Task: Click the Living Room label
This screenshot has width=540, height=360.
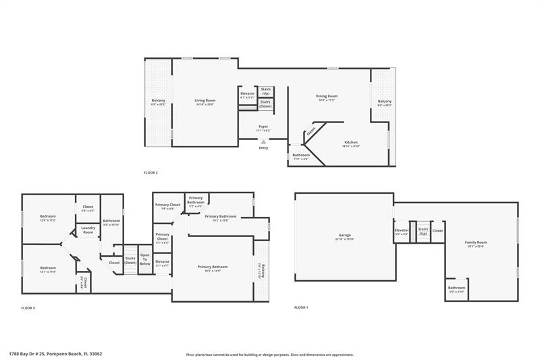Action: coord(205,100)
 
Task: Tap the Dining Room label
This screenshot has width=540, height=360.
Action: coord(326,96)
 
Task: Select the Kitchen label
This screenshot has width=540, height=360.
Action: coord(351,143)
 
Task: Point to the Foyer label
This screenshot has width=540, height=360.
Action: coord(263,126)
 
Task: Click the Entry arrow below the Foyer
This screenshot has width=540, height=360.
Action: coord(263,142)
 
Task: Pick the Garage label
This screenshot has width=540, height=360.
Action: coord(344,235)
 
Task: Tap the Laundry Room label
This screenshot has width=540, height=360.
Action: coord(88,230)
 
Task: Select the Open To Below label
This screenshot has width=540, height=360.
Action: coord(144,261)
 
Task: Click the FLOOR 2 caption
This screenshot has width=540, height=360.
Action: coord(151,173)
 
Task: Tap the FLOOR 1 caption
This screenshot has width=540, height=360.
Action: coord(301,307)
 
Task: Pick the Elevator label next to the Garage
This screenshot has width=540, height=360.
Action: coord(402,230)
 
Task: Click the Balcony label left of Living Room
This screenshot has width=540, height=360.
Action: coord(158,102)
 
